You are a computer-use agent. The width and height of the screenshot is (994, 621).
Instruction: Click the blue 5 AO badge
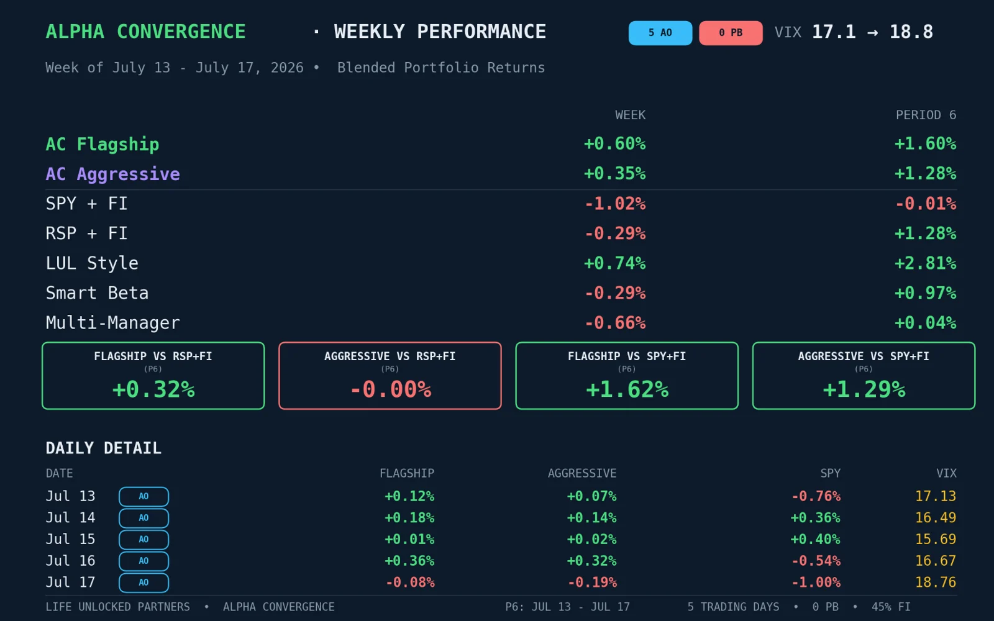tap(660, 33)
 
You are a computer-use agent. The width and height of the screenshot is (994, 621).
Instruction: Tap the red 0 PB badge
tap(731, 33)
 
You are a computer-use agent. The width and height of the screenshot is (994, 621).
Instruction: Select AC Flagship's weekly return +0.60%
tap(614, 143)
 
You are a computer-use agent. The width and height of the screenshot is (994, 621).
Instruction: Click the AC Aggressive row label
tap(112, 174)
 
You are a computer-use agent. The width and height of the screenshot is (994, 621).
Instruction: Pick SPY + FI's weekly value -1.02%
tap(615, 204)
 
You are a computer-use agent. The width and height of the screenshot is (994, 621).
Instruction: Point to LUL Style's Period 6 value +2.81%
tap(925, 263)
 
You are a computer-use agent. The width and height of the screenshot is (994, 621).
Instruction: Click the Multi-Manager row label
tap(112, 322)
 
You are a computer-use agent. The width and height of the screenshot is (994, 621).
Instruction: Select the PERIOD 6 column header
tap(926, 115)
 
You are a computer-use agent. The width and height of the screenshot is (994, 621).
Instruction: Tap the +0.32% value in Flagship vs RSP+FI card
tap(153, 389)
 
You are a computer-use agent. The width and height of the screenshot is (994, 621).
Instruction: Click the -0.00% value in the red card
tap(391, 389)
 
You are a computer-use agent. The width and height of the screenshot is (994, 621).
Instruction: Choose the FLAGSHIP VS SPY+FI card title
tap(627, 356)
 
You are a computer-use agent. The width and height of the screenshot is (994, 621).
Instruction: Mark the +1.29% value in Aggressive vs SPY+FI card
tap(864, 389)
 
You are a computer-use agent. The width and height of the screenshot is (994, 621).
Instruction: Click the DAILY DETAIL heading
tap(103, 448)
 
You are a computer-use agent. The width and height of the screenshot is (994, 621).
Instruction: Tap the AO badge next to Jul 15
tap(144, 540)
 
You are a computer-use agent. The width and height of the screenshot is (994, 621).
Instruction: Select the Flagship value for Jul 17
tap(410, 582)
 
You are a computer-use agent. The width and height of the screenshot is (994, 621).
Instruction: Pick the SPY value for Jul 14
tap(816, 518)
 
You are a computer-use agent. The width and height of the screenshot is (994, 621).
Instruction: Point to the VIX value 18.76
tap(936, 582)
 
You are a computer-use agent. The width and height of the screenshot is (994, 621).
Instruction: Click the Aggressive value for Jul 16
tap(591, 561)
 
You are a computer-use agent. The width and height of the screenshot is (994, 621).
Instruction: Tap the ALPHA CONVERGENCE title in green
tap(145, 32)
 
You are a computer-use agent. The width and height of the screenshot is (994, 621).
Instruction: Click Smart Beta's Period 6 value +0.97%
tap(925, 292)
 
